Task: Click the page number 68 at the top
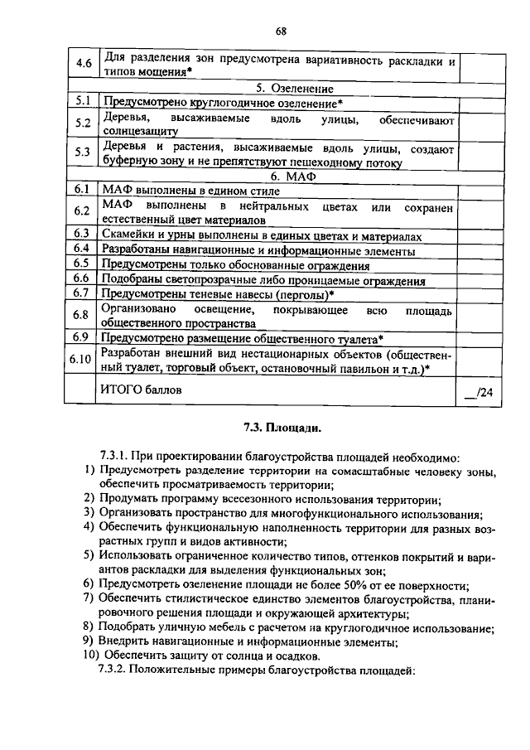281,31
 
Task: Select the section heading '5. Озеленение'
282,89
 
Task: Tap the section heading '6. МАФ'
282,177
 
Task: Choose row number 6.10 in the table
80,359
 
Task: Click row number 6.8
80,315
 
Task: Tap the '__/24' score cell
478,392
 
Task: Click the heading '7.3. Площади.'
281,429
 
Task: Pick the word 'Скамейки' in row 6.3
126,235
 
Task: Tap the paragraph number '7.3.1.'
115,457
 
